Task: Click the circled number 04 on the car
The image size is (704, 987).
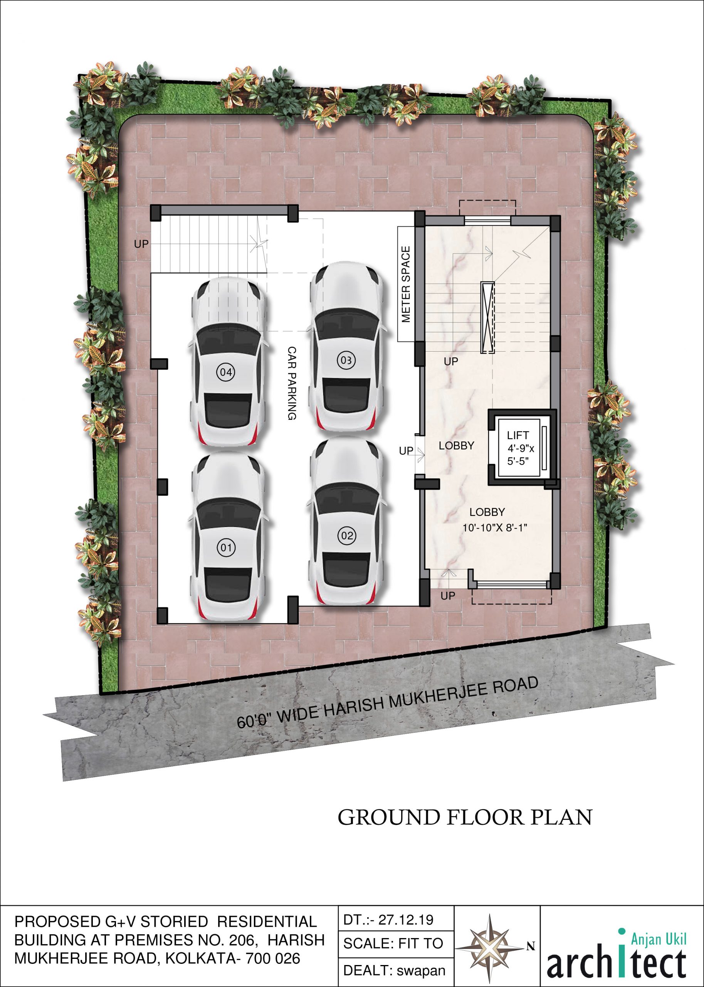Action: pos(226,372)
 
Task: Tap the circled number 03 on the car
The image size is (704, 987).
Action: pos(346,360)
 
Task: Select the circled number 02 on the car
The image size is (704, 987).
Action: pos(347,536)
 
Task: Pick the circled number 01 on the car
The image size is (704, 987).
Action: pos(226,548)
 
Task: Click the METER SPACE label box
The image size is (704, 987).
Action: pos(406,284)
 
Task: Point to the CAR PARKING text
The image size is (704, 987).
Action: pos(292,383)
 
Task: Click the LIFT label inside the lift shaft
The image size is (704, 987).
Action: pos(518,435)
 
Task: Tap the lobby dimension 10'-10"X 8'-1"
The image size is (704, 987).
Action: pos(495,528)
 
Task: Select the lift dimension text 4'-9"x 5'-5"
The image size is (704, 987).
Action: pos(520,455)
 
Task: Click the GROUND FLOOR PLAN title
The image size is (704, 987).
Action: pos(465,817)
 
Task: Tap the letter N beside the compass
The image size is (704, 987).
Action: pos(531,946)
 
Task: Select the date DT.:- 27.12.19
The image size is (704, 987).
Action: pos(388,920)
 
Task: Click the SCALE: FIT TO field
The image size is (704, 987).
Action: pos(393,943)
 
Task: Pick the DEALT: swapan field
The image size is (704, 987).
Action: pos(394,970)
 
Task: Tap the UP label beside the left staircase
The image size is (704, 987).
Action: pos(141,244)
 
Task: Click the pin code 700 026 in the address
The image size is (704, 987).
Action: pos(273,958)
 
